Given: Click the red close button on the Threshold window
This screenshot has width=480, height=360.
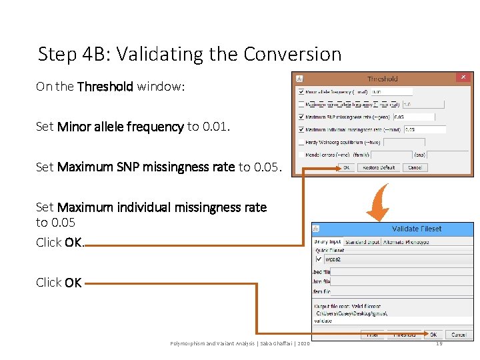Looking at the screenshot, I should tap(463, 77).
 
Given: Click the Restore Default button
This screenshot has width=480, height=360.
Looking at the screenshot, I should tap(379, 167).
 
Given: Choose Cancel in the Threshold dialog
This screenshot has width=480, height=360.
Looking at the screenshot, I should tap(414, 167).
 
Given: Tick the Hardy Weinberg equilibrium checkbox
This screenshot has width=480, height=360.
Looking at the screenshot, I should tap(301, 142).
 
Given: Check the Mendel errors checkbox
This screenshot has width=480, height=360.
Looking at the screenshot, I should tap(301, 155).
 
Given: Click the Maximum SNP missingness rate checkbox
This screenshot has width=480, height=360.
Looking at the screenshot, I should tap(301, 117).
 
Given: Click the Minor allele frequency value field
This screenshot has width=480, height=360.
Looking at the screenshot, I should tap(391, 91).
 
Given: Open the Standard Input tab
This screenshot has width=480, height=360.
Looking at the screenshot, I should tap(362, 242).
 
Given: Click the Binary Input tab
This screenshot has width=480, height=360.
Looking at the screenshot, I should tap(327, 242).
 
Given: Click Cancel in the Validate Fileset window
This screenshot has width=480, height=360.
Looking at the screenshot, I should tap(458, 335).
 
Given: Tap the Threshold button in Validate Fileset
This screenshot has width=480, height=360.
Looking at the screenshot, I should tap(404, 335).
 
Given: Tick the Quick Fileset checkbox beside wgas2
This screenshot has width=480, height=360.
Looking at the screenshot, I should tap(319, 259).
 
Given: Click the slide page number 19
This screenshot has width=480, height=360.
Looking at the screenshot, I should tap(438, 343).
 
